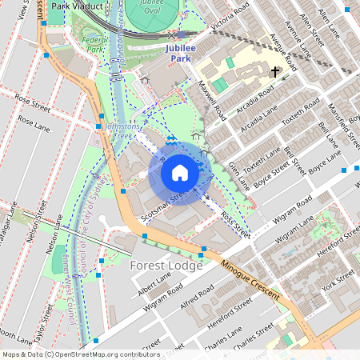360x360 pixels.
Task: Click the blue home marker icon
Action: (x=180, y=173)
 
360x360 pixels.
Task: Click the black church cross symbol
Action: (x=275, y=72)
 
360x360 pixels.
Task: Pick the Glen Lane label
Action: (x=234, y=170)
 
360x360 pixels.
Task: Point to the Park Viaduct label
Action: (x=73, y=6)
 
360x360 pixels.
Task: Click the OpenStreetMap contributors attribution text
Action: (x=81, y=354)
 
